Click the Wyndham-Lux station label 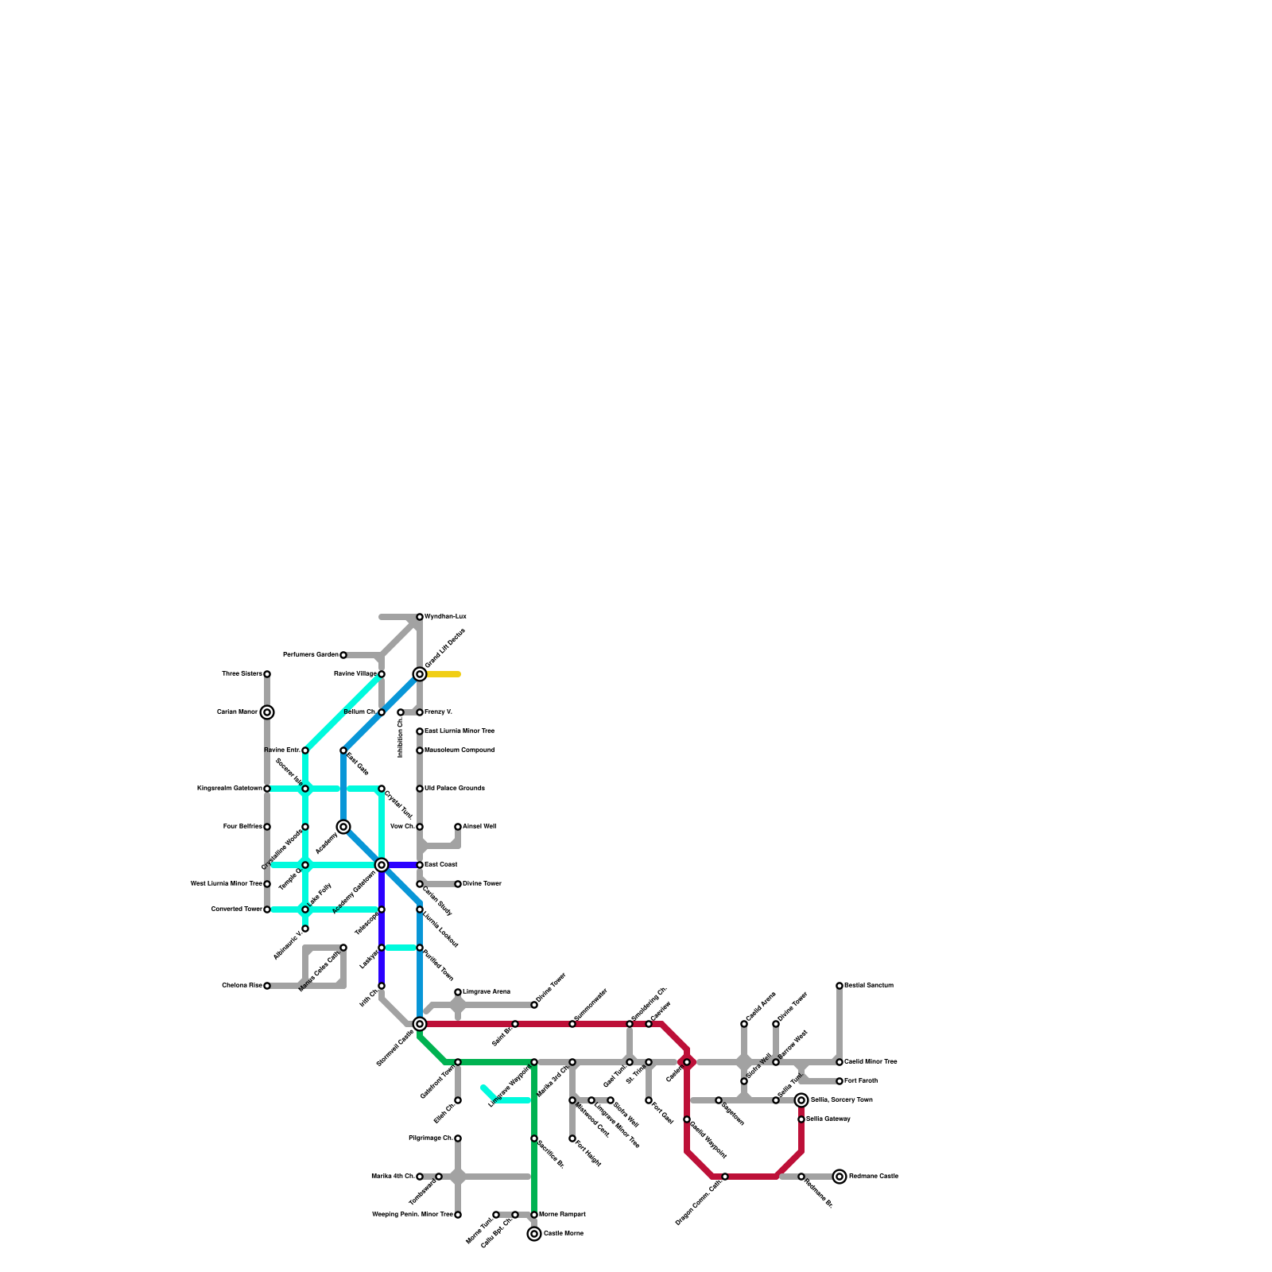pyautogui.click(x=445, y=617)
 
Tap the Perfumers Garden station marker pyautogui.click(x=343, y=655)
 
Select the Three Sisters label pyautogui.click(x=242, y=674)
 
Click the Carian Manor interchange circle pyautogui.click(x=267, y=712)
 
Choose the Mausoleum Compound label pyautogui.click(x=459, y=750)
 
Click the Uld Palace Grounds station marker pyautogui.click(x=420, y=789)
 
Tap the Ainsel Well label pyautogui.click(x=479, y=827)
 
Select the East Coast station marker pyautogui.click(x=420, y=865)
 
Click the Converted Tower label pyautogui.click(x=236, y=909)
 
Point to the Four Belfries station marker pyautogui.click(x=267, y=827)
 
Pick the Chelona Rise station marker pyautogui.click(x=267, y=986)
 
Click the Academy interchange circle pyautogui.click(x=343, y=827)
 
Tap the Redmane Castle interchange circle pyautogui.click(x=840, y=1177)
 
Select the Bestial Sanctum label pyautogui.click(x=869, y=986)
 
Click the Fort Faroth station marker pyautogui.click(x=840, y=1081)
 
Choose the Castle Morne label pyautogui.click(x=564, y=1234)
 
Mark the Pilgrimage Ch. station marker pyautogui.click(x=458, y=1138)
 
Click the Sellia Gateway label pyautogui.click(x=828, y=1119)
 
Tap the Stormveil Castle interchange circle pyautogui.click(x=420, y=1024)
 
